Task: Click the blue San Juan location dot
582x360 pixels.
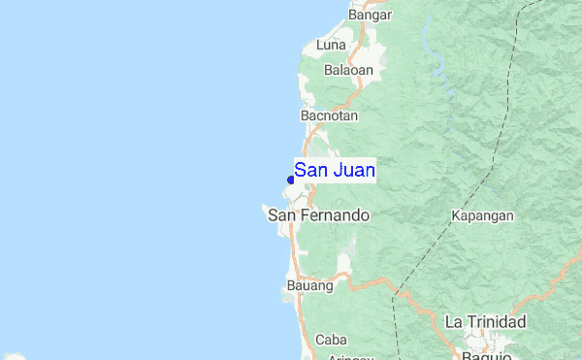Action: tap(291, 180)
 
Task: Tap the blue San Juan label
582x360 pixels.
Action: tap(335, 171)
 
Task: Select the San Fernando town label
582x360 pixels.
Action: tap(318, 215)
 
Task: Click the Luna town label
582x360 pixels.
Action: tap(331, 45)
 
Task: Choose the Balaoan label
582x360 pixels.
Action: tap(347, 70)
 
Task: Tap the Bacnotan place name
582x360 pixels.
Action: tap(330, 115)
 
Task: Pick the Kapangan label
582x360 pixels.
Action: tap(482, 215)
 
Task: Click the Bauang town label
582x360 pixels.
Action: tap(310, 286)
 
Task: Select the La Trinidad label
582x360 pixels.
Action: tap(485, 321)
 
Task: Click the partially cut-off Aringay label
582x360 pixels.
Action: tap(351, 356)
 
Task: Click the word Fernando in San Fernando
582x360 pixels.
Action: tap(335, 215)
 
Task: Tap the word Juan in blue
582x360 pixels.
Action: tap(354, 171)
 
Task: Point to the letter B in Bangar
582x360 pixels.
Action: tap(352, 15)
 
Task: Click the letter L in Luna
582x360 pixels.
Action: tap(319, 45)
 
